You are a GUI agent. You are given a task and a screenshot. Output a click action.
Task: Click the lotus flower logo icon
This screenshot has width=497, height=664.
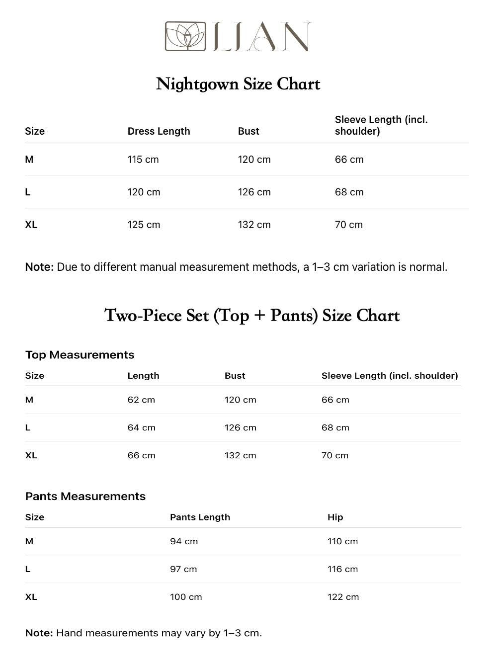coord(185,36)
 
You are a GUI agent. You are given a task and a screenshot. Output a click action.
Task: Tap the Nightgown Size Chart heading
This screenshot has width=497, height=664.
coord(238,84)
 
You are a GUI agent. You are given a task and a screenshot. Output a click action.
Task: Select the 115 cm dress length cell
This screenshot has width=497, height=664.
coord(143,160)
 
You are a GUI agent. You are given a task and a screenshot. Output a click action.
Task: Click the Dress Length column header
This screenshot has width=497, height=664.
coord(159,131)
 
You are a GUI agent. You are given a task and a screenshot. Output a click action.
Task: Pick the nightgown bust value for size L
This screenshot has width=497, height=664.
coord(254,192)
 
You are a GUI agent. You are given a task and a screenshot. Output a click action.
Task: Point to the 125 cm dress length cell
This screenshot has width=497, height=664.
coord(144,225)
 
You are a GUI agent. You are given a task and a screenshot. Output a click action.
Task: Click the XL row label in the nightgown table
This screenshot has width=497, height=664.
coord(31,225)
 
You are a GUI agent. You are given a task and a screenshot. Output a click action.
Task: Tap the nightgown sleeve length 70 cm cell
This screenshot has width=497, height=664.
coord(348,225)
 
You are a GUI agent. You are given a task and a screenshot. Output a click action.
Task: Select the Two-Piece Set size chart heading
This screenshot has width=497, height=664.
coord(252,316)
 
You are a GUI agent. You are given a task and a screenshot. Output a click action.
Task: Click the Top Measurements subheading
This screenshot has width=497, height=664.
coord(80,355)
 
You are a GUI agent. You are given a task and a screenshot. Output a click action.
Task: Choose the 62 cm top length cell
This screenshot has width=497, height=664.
coord(141,400)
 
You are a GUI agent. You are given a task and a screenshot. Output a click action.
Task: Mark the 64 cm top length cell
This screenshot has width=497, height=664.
coord(141,427)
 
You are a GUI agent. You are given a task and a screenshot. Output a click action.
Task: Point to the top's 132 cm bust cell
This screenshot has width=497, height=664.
coord(240,455)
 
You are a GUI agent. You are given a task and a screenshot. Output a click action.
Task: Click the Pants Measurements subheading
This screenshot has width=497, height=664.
coord(85,496)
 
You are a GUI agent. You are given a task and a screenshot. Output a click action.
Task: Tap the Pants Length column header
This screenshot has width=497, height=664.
coord(200,517)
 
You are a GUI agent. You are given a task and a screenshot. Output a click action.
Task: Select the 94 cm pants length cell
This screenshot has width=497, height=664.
coord(184,541)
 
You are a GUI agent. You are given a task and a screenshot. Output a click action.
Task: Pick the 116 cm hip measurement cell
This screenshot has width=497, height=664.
coord(342,569)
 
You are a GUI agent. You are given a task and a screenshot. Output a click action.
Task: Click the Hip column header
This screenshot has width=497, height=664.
coord(335,517)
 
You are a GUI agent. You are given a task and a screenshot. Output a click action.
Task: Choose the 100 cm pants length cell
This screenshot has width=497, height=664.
coord(186,597)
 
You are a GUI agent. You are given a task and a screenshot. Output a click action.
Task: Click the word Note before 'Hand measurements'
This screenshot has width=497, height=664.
coord(39,633)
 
